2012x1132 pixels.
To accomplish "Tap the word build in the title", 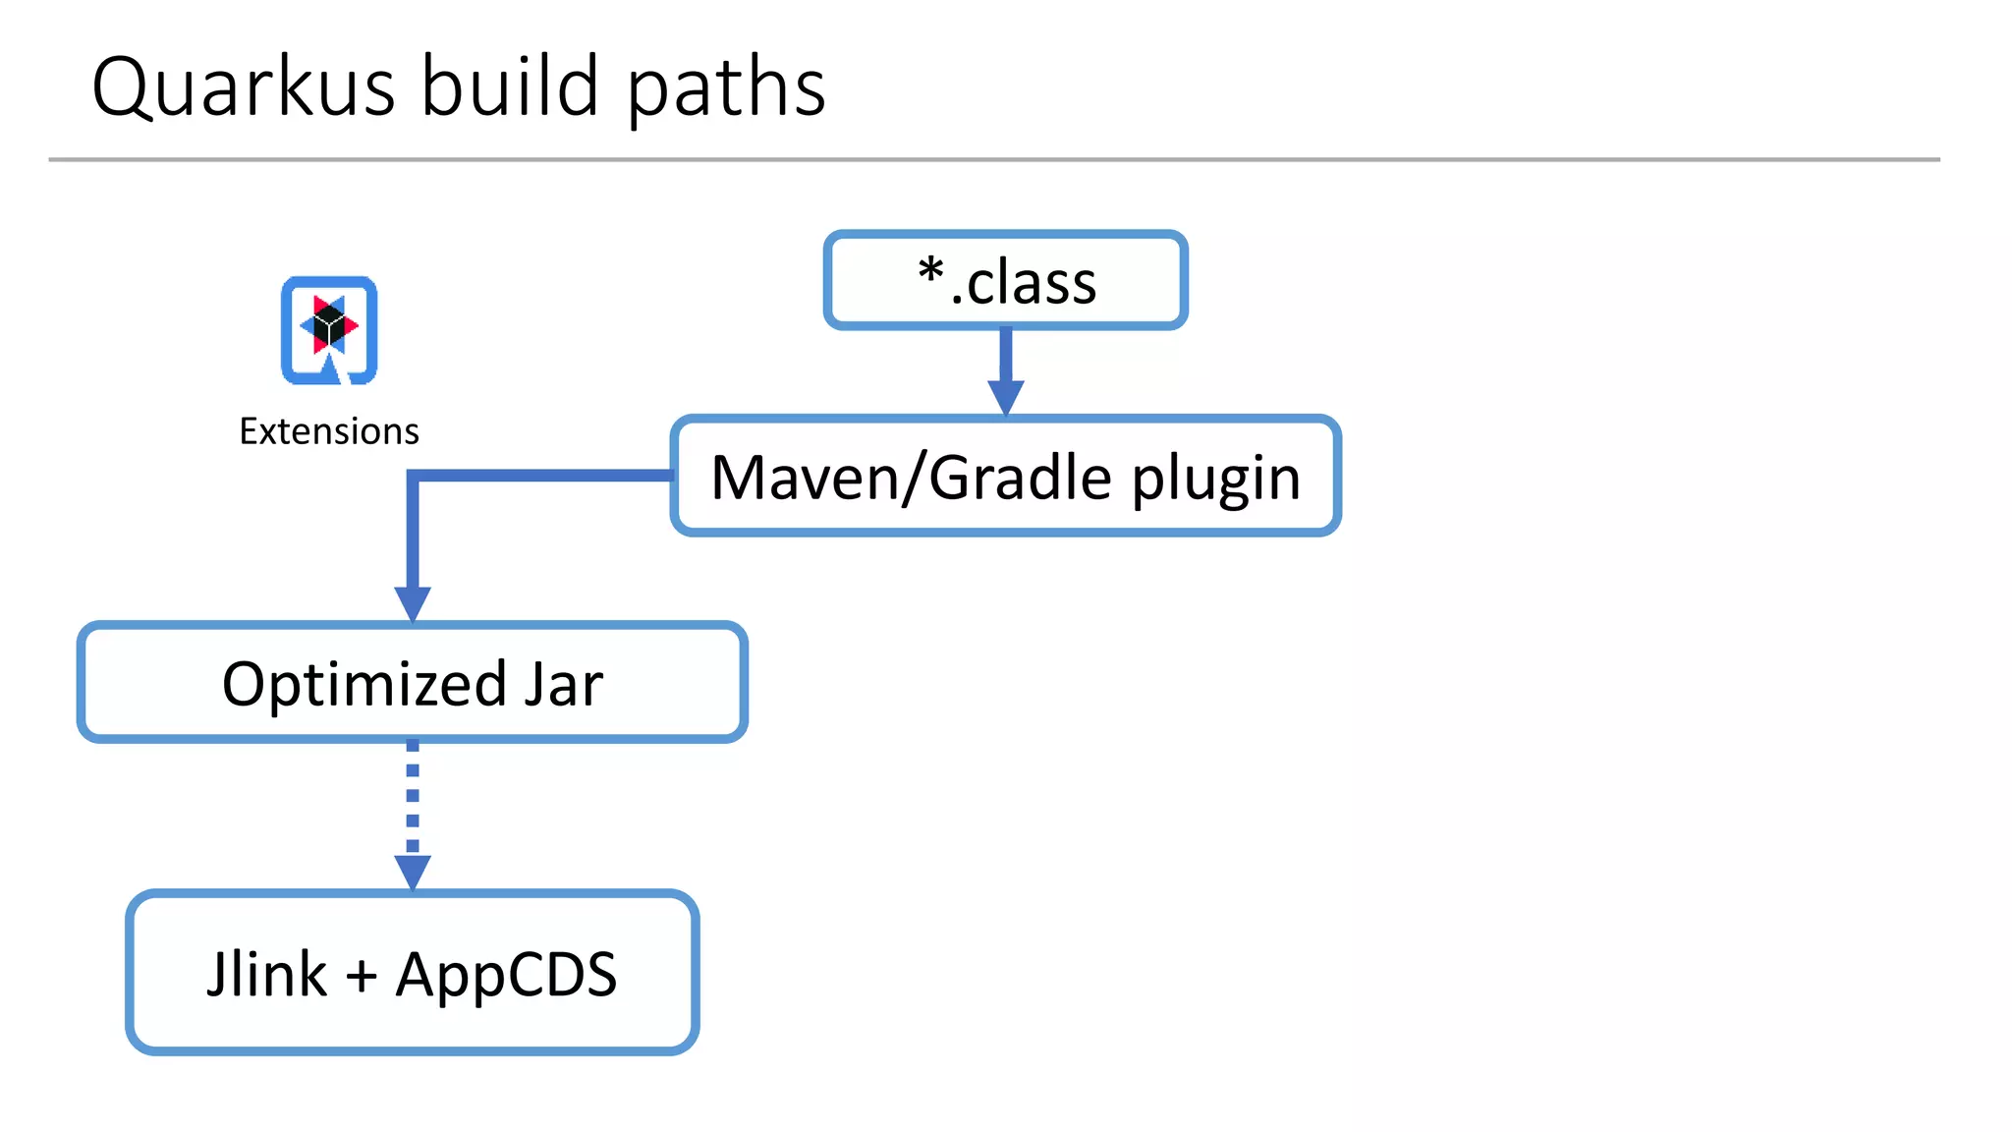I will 510,86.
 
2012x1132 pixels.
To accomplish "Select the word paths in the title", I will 726,88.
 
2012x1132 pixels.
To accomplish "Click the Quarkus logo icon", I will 329,330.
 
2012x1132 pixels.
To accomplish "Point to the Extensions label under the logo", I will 329,431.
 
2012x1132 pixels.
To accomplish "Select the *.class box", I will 1005,281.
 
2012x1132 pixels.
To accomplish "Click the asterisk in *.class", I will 930,270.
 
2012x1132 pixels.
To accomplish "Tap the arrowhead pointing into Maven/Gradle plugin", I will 1005,397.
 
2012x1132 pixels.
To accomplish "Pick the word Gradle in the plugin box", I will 1021,478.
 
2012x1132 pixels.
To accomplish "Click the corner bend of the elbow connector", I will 414,477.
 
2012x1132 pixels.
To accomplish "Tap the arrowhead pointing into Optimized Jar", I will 413,603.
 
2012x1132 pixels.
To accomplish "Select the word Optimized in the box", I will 364,685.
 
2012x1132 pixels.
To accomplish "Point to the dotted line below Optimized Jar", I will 413,796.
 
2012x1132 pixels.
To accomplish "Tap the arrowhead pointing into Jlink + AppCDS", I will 413,872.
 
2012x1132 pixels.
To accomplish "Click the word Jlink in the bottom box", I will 266,975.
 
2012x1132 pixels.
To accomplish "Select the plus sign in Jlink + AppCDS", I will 362,977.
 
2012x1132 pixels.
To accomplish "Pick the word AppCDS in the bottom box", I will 506,975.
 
